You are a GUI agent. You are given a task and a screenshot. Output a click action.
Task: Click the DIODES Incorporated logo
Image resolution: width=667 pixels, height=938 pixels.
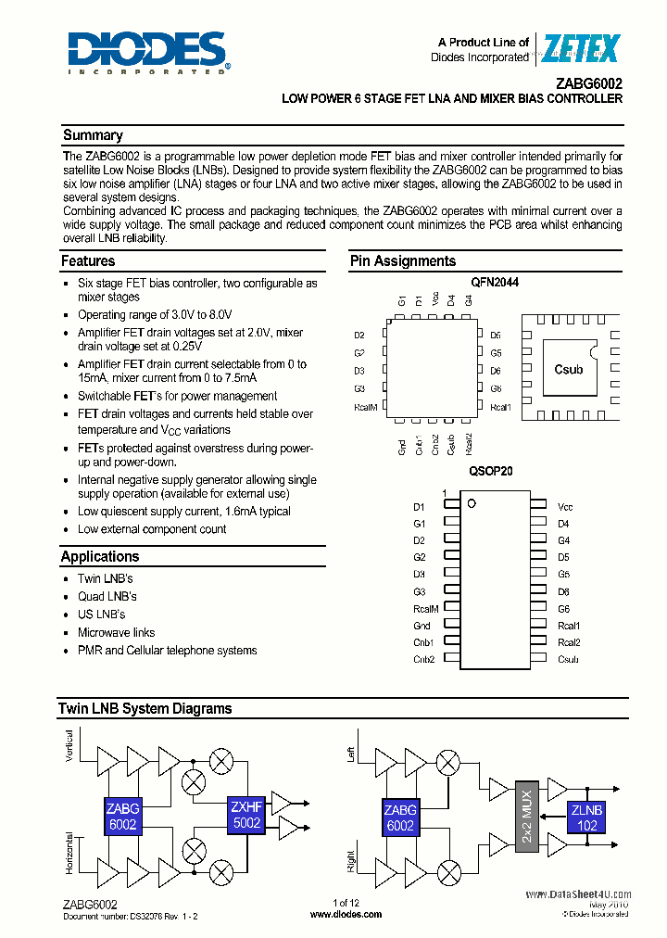pyautogui.click(x=147, y=52)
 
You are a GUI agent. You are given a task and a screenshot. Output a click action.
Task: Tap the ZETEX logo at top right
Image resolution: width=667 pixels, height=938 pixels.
pyautogui.click(x=581, y=48)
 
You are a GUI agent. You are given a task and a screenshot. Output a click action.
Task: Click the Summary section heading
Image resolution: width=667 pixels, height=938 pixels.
pyautogui.click(x=92, y=135)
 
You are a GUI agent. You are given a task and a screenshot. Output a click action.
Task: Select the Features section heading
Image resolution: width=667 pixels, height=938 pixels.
pyautogui.click(x=88, y=261)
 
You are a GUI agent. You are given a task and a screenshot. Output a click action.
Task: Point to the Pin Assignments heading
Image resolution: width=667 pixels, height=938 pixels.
pyautogui.click(x=402, y=261)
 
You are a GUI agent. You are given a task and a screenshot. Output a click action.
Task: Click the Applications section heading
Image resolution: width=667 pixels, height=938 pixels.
pyautogui.click(x=100, y=557)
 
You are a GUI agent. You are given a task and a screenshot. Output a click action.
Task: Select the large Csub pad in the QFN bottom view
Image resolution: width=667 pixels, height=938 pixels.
pyautogui.click(x=568, y=369)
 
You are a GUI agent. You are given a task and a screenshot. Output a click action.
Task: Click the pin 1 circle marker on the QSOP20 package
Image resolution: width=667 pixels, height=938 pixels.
pyautogui.click(x=471, y=503)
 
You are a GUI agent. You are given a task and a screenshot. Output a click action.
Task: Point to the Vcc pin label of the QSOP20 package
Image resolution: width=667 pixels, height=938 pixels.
pyautogui.click(x=565, y=507)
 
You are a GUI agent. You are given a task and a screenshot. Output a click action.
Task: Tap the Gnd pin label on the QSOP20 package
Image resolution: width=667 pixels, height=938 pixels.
pyautogui.click(x=422, y=626)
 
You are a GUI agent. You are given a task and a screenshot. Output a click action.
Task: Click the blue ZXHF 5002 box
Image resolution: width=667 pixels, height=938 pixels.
pyautogui.click(x=247, y=816)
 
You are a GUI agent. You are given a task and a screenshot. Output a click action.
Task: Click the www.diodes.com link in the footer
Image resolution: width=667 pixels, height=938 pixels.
pyautogui.click(x=346, y=914)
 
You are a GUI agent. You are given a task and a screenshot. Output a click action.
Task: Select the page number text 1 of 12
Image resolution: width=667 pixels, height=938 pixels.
pyautogui.click(x=346, y=903)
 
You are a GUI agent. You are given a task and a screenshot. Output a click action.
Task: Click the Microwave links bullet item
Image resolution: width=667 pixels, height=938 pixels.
pyautogui.click(x=115, y=632)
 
